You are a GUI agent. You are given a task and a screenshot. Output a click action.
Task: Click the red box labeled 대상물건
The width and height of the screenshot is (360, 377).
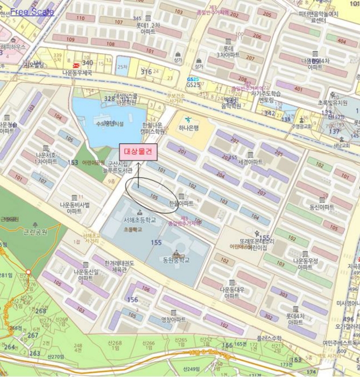coord(138,152)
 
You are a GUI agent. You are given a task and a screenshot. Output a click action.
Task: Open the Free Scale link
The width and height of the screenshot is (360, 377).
coord(32,11)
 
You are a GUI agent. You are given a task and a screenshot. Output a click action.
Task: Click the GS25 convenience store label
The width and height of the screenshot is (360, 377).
coord(193,85)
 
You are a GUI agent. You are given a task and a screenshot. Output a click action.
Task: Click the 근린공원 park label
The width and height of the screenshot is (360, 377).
coord(34,235)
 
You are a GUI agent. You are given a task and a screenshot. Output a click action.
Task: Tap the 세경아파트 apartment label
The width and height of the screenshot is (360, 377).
coord(250,162)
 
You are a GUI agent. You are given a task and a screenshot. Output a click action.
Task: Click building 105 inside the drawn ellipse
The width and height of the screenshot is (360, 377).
coord(154,197)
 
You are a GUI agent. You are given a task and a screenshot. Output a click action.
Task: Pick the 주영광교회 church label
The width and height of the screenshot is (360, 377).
coord(301,126)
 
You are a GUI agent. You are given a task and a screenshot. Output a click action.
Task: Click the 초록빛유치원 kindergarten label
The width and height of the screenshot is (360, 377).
coord(332,102)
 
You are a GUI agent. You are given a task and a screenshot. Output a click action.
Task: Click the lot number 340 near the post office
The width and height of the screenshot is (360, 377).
coord(87,63)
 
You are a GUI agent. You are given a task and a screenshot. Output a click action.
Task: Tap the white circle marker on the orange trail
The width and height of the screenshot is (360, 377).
coord(29,273)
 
